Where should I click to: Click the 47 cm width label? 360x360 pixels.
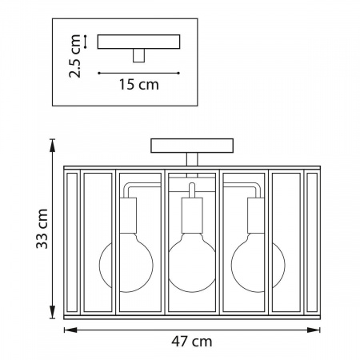coord(192,342)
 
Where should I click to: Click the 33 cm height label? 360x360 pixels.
coord(42,229)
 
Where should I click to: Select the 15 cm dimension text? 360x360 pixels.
coord(138,85)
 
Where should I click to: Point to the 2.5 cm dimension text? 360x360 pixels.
coord(74,56)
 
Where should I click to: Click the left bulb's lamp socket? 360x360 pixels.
coord(128,215)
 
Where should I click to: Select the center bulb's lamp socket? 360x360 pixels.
coord(192,215)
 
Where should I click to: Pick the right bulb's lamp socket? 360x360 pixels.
coord(256,215)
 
